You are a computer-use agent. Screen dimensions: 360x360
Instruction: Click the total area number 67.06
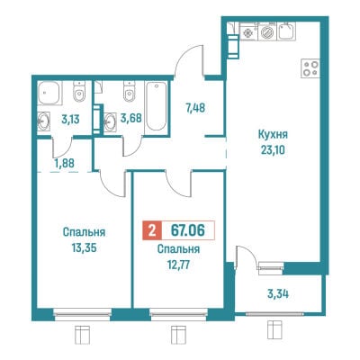(187, 230)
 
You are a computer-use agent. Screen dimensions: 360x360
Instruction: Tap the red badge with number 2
(152, 230)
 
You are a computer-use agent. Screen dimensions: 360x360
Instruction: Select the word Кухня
(273, 135)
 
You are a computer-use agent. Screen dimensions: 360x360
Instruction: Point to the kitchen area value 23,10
(273, 149)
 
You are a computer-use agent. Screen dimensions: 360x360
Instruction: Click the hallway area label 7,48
(195, 107)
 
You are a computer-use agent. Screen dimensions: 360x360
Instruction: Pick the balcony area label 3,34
(278, 294)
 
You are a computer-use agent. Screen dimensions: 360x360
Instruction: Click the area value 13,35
(84, 247)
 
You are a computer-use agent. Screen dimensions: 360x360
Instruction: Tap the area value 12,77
(179, 265)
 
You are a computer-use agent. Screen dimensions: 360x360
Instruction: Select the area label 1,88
(65, 163)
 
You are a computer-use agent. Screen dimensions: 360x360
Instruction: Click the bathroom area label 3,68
(130, 118)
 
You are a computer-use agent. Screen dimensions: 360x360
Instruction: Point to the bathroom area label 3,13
(70, 120)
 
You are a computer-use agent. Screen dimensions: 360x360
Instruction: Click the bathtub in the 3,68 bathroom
(156, 106)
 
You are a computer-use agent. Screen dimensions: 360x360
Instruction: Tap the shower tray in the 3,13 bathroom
(49, 93)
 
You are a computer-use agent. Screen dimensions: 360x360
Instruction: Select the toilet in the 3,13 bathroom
(79, 92)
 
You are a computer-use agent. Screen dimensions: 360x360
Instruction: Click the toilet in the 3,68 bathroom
(129, 92)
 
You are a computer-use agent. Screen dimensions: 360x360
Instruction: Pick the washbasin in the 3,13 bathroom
(44, 121)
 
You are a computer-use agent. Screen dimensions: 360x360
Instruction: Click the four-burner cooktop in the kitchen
(310, 68)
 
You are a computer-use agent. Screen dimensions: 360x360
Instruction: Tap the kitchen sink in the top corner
(286, 31)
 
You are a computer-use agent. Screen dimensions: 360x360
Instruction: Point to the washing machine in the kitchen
(267, 31)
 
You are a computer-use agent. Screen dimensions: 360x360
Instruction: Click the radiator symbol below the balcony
(274, 331)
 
